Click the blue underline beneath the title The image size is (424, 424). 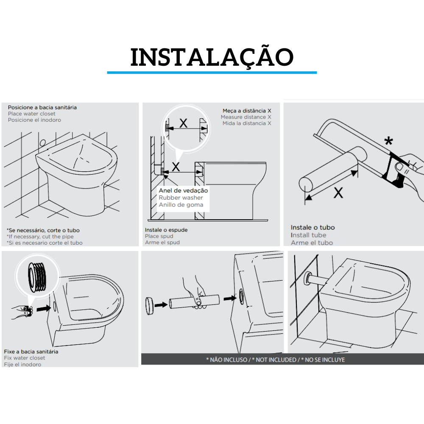(212, 73)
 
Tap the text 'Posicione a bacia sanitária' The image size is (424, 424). (42, 107)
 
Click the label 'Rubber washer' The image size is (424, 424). (181, 198)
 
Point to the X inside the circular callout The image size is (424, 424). (183, 123)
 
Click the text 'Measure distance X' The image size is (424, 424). (246, 117)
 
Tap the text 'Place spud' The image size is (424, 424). (157, 236)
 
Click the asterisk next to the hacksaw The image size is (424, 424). (388, 141)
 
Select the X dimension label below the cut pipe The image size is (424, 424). (338, 193)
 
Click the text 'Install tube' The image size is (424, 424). (308, 235)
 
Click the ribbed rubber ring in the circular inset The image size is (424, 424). (36, 276)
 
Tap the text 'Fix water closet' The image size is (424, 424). (24, 358)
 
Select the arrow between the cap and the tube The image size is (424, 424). (161, 304)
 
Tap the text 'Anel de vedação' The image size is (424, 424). (183, 191)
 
